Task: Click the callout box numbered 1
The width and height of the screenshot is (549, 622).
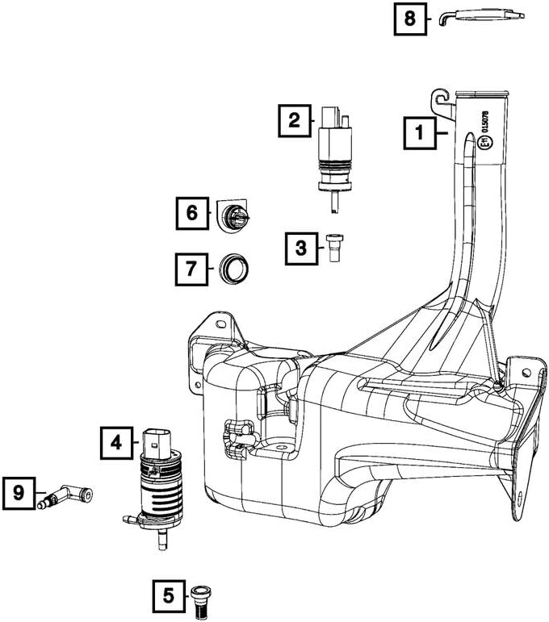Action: (x=420, y=133)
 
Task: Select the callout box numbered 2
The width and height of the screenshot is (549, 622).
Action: (x=294, y=120)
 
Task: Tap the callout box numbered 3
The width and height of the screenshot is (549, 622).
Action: (x=301, y=248)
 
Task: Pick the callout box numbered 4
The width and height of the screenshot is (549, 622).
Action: (x=116, y=443)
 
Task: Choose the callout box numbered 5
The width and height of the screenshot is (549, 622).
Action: (x=169, y=596)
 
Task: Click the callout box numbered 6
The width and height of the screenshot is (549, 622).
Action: (x=192, y=214)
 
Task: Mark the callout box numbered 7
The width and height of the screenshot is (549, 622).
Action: (x=191, y=269)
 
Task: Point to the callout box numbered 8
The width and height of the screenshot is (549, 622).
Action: (x=410, y=19)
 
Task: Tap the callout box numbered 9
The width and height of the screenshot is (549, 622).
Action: (x=19, y=493)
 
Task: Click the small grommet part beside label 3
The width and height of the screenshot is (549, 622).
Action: (x=334, y=247)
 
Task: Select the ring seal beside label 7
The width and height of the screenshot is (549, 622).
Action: (x=234, y=269)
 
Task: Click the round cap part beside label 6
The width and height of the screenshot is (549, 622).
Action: (x=233, y=215)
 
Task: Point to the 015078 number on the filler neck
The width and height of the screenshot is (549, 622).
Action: (x=485, y=122)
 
